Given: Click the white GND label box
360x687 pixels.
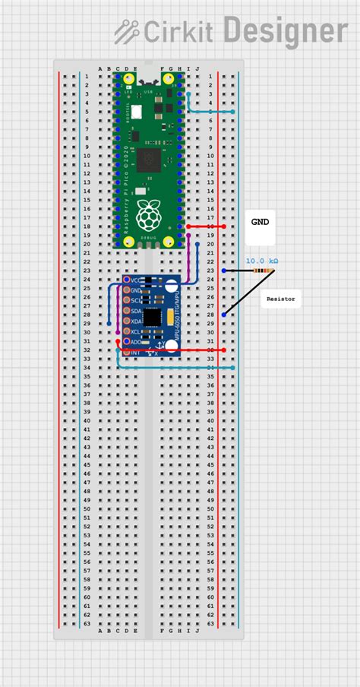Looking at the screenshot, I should [x=261, y=223].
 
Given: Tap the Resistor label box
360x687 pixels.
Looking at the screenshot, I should [x=280, y=299].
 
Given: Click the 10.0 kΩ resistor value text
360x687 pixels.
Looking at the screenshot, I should [x=261, y=261].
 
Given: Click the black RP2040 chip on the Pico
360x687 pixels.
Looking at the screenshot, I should [x=148, y=159].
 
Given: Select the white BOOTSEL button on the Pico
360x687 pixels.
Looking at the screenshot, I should [x=136, y=112].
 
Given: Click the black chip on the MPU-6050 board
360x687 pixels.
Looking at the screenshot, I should [x=153, y=316].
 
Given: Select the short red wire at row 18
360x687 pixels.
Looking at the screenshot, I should [x=205, y=226].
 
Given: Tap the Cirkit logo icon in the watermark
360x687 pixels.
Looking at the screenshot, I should [x=125, y=31].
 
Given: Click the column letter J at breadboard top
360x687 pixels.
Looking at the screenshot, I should [x=197, y=68].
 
